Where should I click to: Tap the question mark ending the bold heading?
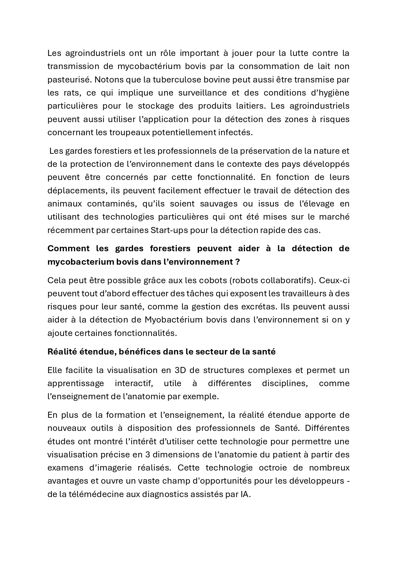(x=237, y=262)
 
